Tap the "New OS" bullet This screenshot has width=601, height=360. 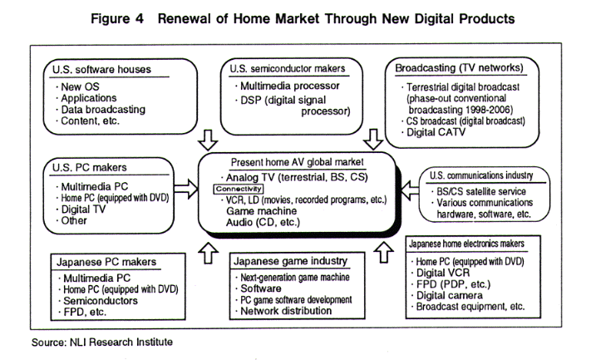(81, 86)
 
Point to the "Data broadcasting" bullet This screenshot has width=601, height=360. (102, 109)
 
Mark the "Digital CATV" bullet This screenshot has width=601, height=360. (437, 132)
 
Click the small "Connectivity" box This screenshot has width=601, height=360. (239, 189)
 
